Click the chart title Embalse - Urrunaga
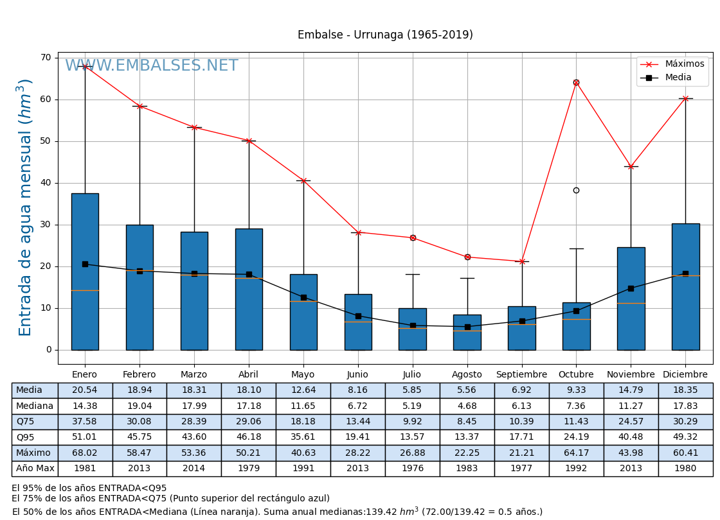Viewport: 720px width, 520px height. [x=385, y=35]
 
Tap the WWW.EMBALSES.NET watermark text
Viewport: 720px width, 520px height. [x=152, y=66]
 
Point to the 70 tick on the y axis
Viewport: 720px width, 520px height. [x=46, y=58]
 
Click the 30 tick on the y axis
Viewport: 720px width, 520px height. [x=46, y=225]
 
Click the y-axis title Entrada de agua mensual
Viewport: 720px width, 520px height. [x=25, y=207]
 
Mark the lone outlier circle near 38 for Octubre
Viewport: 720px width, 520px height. [x=576, y=190]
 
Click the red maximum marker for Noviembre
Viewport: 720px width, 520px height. [x=631, y=166]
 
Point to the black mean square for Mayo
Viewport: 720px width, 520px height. [x=303, y=297]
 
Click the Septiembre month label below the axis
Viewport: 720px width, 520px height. [x=521, y=375]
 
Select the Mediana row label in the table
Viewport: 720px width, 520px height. [x=35, y=406]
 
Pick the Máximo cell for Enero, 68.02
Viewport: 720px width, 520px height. [x=85, y=453]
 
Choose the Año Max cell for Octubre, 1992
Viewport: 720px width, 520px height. [x=576, y=469]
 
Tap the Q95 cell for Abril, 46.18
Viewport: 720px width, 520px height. [x=249, y=437]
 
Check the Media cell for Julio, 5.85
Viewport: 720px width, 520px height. [x=412, y=390]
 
